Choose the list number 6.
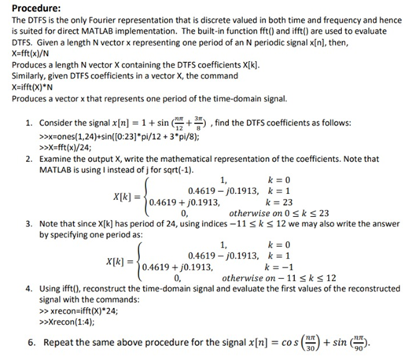pyautogui.click(x=28, y=343)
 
